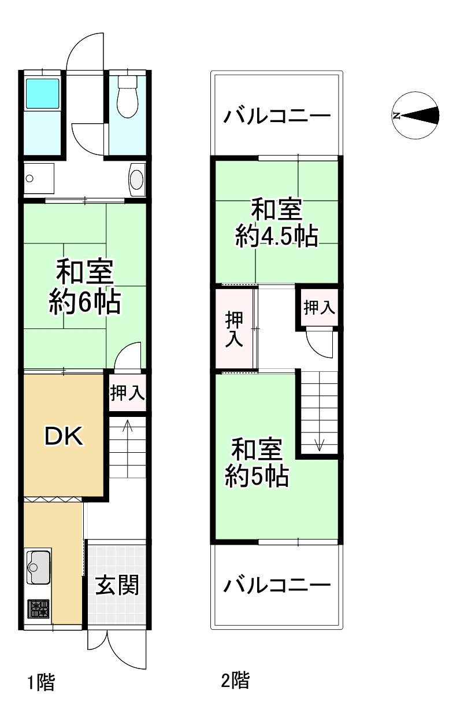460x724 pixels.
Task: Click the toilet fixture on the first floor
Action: [x=127, y=96]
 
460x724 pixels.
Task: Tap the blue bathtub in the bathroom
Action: [x=42, y=93]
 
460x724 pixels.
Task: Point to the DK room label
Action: [x=65, y=437]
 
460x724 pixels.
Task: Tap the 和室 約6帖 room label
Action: [x=84, y=287]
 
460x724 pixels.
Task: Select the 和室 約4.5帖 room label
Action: [x=277, y=223]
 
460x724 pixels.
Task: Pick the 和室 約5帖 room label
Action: [x=257, y=463]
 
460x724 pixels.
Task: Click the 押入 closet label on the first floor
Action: [x=127, y=394]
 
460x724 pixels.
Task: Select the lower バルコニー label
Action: [x=277, y=585]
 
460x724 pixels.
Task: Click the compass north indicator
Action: [x=396, y=116]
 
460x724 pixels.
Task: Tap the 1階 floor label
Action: [x=41, y=683]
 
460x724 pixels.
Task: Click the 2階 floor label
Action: [x=235, y=680]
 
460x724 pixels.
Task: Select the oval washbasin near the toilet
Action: [x=136, y=179]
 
